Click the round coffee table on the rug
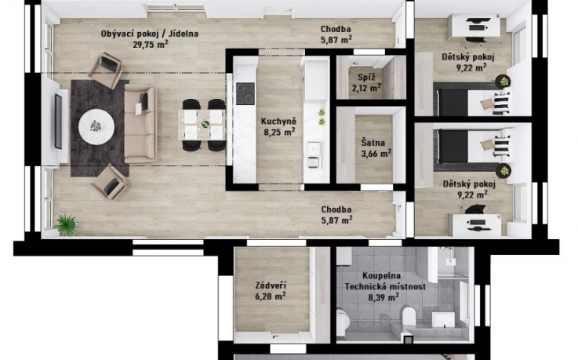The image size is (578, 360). [96, 126]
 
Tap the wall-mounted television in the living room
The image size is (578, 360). [58, 122]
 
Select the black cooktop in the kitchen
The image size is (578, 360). [245, 93]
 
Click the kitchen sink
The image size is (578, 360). [314, 155]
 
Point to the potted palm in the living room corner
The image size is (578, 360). [67, 224]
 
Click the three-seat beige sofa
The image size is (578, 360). [140, 123]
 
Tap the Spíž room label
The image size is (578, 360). [366, 78]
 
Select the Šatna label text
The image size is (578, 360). [373, 143]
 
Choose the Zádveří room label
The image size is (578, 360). [271, 285]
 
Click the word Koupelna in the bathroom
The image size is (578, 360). [381, 275]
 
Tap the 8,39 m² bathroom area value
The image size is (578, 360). [384, 297]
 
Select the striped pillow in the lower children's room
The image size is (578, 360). [502, 146]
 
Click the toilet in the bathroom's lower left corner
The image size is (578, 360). [343, 322]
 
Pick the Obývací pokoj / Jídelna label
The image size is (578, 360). [150, 34]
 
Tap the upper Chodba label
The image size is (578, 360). [336, 29]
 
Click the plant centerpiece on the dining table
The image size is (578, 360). [205, 124]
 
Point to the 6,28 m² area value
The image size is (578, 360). [271, 296]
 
